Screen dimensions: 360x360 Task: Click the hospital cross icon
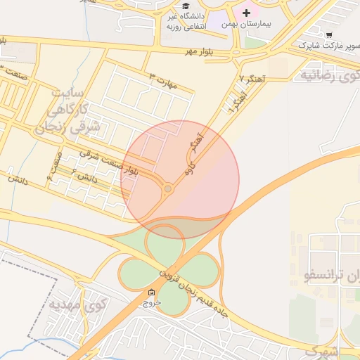click(246, 13)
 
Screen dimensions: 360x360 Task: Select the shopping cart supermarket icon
click(329, 34)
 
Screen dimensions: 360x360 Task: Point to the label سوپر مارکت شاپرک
click(321, 46)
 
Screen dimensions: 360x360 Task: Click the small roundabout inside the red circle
click(168, 188)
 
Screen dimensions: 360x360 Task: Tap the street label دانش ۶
click(83, 179)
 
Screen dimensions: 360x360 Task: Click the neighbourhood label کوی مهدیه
click(78, 305)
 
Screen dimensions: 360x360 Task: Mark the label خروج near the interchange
click(152, 303)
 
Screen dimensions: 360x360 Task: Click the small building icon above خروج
click(152, 292)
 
